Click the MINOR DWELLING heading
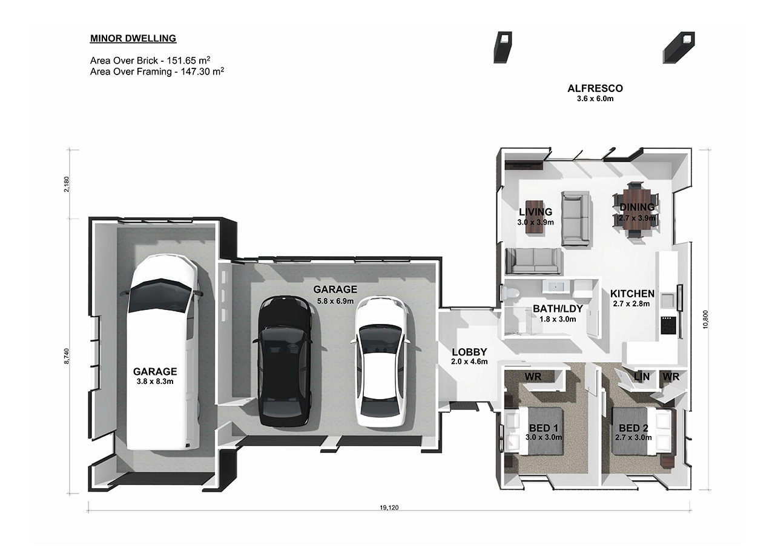pos(133,38)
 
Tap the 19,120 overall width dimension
pos(389,507)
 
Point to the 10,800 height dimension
pos(706,319)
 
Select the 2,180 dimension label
pos(67,184)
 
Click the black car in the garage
pos(285,361)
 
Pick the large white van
pos(162,352)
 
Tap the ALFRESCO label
pos(595,88)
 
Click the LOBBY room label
pos(469,352)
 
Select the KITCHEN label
pos(632,294)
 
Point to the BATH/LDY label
pos(558,309)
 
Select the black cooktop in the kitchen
pos(668,325)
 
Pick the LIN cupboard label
pos(642,377)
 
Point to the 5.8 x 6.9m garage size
pos(335,301)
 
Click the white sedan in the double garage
pos(381,361)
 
